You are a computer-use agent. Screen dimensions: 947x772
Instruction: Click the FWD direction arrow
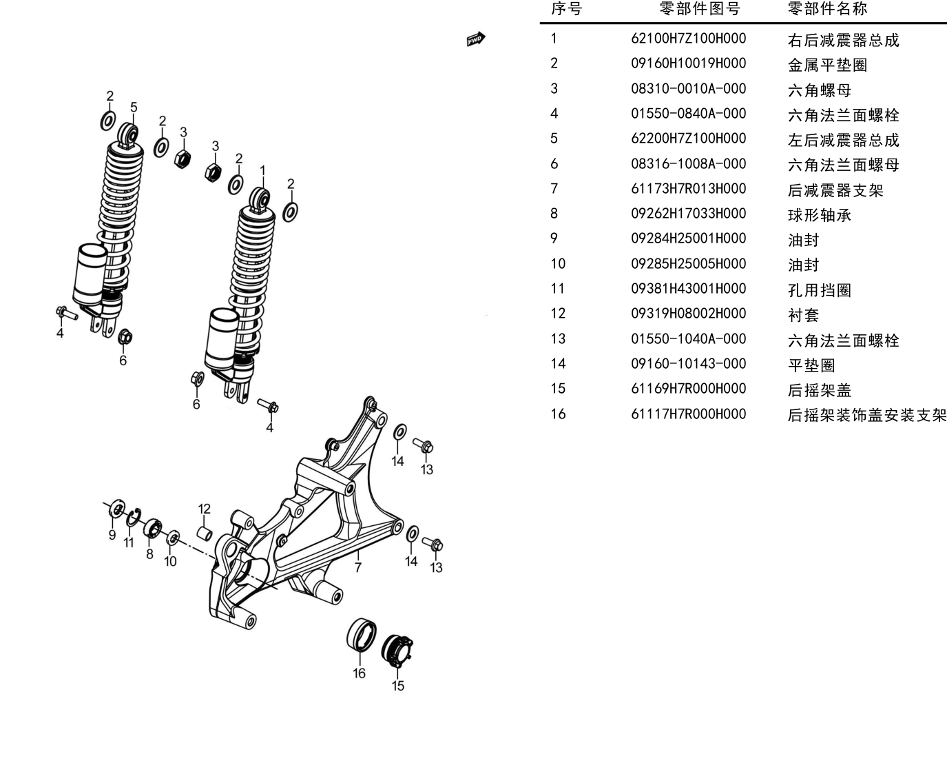coord(476,39)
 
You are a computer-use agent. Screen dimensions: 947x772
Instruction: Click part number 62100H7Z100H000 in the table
coord(688,39)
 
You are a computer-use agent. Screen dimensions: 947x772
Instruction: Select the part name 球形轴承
coord(820,215)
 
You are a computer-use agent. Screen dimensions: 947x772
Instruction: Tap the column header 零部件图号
coord(700,8)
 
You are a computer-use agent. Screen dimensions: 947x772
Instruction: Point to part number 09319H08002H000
coord(688,314)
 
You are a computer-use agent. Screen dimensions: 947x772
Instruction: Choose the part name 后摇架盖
coord(820,390)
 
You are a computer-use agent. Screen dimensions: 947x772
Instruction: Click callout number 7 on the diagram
coord(358,567)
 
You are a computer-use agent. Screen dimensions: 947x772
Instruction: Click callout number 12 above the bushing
coord(204,509)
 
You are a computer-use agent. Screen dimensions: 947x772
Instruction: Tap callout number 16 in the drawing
coord(360,673)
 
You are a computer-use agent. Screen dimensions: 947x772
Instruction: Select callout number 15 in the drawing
coord(398,686)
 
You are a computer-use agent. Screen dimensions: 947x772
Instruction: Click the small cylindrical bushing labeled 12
coord(205,534)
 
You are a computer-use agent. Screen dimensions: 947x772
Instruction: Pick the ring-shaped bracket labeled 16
coord(361,635)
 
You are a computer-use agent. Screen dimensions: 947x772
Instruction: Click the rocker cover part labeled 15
coord(397,651)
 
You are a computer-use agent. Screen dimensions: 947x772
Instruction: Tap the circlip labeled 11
coord(133,518)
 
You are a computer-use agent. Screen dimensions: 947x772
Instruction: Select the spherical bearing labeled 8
coord(152,528)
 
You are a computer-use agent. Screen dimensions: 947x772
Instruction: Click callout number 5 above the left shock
coord(134,108)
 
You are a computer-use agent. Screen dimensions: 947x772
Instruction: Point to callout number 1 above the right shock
coord(263,171)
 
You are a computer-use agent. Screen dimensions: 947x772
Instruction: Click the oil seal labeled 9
coord(117,509)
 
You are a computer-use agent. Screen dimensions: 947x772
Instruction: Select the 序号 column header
coord(566,8)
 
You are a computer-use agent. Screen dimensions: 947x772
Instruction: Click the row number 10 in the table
coord(558,264)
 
